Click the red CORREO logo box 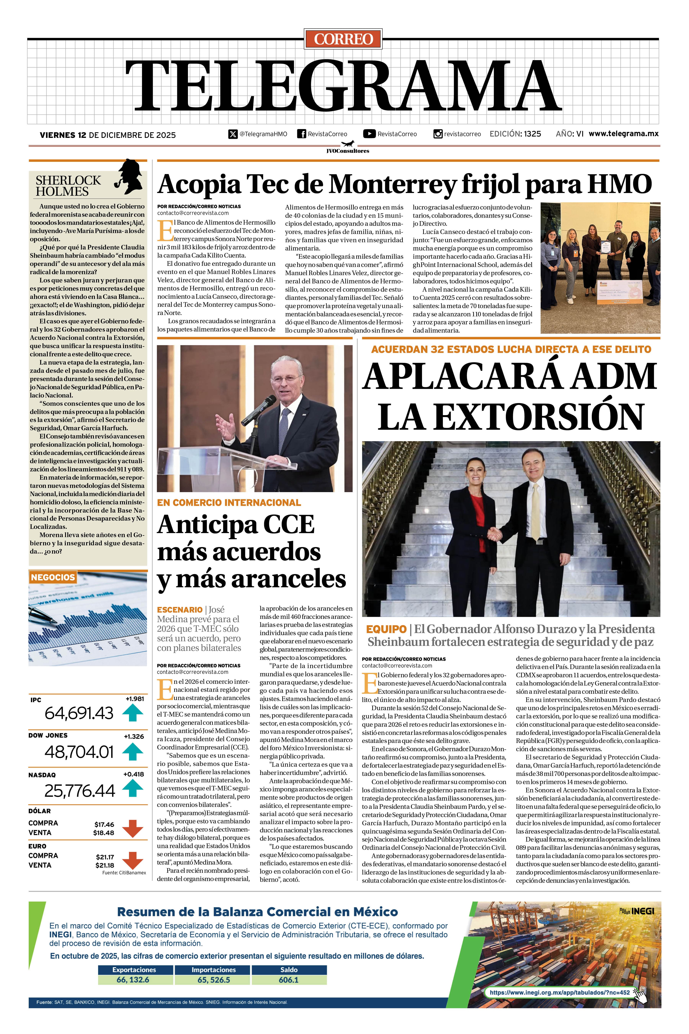click(x=343, y=39)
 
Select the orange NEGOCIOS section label click(x=53, y=577)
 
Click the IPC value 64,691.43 click(x=79, y=713)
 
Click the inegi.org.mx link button click(x=559, y=992)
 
